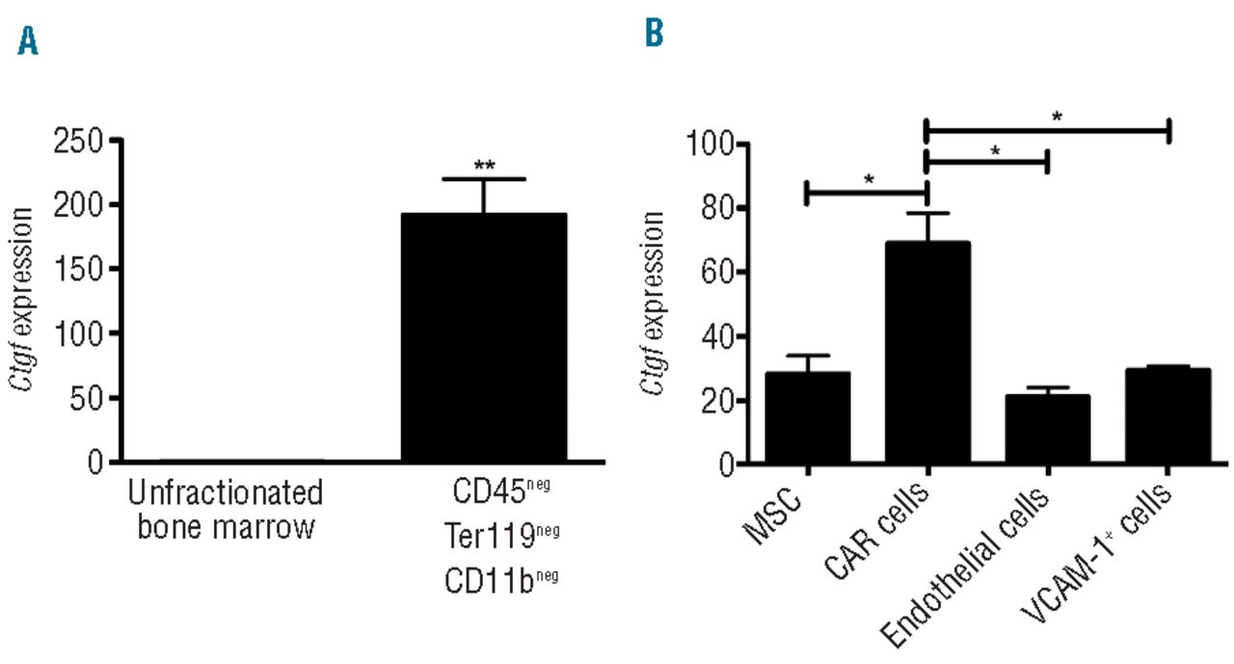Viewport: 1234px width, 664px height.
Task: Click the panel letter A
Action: tap(28, 41)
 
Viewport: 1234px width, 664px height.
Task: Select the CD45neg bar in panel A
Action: tap(483, 337)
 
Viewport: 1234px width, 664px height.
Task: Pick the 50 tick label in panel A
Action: tap(90, 397)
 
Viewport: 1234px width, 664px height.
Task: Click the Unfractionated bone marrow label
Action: tap(226, 511)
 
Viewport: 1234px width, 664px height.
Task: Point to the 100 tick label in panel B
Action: tap(708, 145)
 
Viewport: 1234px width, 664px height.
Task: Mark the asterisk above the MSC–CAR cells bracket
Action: tap(867, 179)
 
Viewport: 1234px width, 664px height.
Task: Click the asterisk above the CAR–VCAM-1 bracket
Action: tap(1057, 117)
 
